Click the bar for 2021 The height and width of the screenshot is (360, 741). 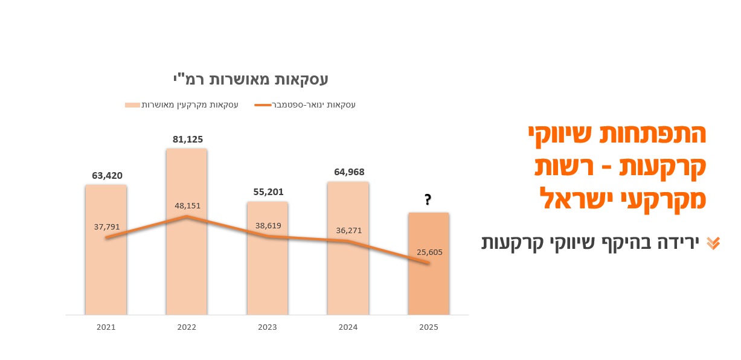(x=106, y=278)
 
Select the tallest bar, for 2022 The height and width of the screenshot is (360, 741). (x=187, y=272)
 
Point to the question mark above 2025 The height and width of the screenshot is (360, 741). (x=428, y=200)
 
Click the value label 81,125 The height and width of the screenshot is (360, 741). (x=188, y=140)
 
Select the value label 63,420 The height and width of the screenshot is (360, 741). (x=107, y=176)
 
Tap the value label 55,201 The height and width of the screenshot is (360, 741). (x=268, y=191)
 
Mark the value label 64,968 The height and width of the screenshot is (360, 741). (x=349, y=172)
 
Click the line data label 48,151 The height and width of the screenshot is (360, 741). (x=187, y=205)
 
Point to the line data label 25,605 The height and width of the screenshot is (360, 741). (x=429, y=252)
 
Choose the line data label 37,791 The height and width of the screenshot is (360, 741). (x=107, y=227)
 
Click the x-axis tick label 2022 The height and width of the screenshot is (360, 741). (x=187, y=327)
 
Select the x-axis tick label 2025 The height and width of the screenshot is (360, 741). (x=428, y=327)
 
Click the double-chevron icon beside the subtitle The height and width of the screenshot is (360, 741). (x=713, y=243)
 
